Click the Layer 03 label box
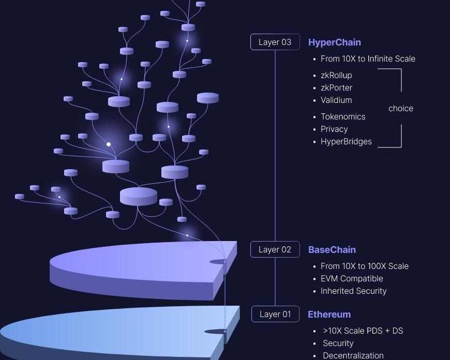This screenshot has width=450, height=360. click(275, 42)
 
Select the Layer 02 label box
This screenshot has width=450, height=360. click(275, 249)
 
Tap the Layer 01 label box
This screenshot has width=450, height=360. click(275, 314)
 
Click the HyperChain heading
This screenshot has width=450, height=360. click(334, 42)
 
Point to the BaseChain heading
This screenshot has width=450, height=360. click(332, 250)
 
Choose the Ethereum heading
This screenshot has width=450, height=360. click(329, 314)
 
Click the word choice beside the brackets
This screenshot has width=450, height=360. click(400, 108)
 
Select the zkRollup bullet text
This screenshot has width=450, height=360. click(336, 75)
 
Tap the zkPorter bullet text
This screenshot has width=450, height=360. click(336, 87)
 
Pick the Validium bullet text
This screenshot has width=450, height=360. click(336, 100)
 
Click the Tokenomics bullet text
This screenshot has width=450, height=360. click(343, 116)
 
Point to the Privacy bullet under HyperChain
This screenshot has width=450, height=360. click(334, 129)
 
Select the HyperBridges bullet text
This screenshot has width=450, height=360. click(346, 141)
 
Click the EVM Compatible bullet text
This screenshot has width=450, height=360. click(352, 278)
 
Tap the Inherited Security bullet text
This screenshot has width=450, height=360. click(353, 291)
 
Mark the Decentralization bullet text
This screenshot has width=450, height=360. click(353, 355)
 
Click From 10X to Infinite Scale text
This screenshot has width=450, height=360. click(368, 58)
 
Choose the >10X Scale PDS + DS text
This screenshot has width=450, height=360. click(363, 331)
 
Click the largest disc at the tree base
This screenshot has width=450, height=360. click(139, 196)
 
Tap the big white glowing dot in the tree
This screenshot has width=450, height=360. click(109, 144)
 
